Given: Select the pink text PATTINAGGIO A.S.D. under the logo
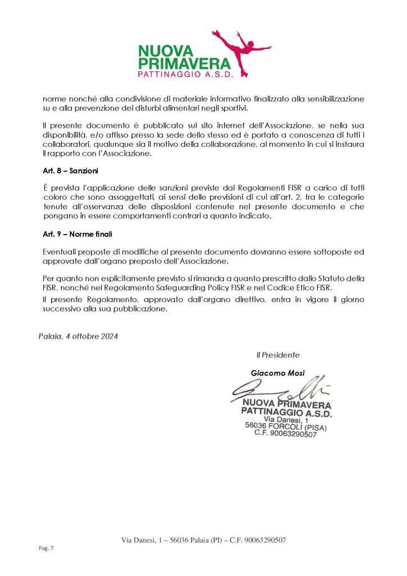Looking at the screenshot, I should click(184, 74).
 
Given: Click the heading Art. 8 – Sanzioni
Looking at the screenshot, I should click(66, 168).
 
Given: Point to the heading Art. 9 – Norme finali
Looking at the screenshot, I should click(72, 233).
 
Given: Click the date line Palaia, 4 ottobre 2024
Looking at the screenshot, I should click(79, 336).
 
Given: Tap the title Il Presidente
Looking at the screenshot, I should click(278, 355).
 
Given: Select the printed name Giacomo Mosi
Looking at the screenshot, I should click(277, 373).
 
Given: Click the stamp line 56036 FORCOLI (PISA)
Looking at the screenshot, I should click(286, 426).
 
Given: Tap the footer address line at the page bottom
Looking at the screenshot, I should click(203, 540).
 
